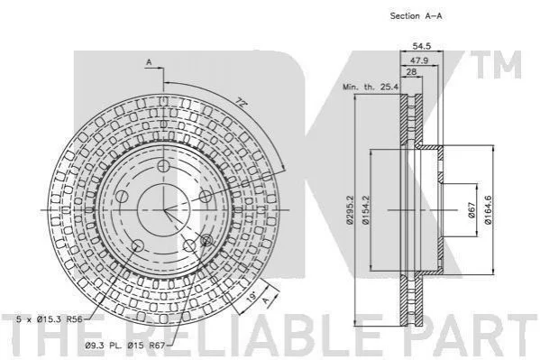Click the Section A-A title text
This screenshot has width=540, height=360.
416,16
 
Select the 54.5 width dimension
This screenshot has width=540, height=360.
422,45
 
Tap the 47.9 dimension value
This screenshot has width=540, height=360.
419,60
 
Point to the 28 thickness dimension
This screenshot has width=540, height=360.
411,71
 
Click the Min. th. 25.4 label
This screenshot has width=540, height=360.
371,87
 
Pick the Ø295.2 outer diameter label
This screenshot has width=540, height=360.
350,210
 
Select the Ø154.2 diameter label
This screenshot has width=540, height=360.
365,210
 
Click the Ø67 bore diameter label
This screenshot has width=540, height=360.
471,210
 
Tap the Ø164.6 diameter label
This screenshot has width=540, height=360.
488,210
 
